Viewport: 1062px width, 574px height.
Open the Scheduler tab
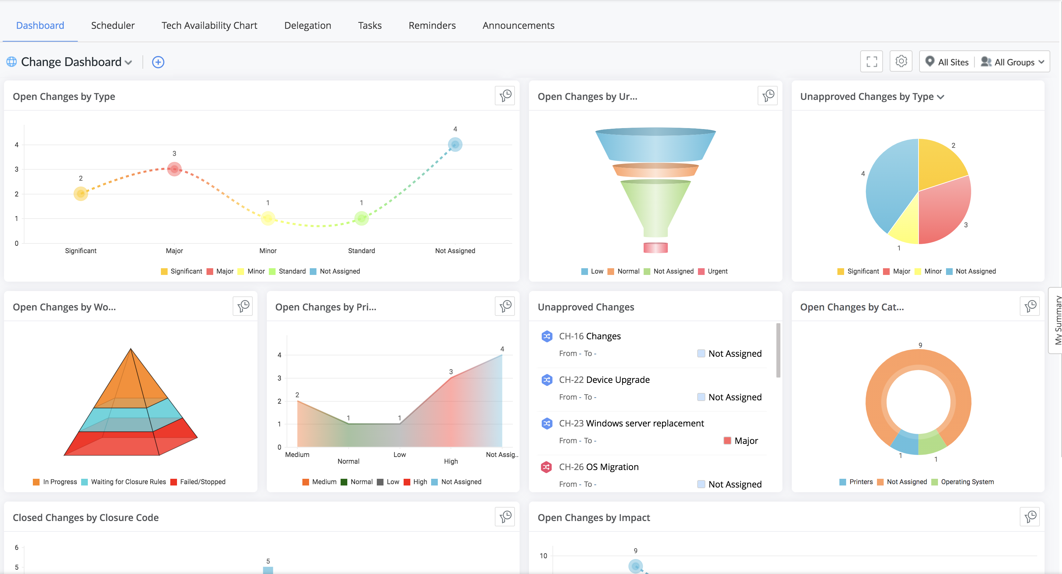(113, 25)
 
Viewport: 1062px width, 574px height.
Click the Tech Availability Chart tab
(209, 25)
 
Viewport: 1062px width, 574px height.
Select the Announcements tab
(518, 25)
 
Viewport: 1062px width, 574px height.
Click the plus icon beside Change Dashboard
(158, 62)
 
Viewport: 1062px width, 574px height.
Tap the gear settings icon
(901, 61)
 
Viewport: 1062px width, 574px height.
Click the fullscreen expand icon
(872, 61)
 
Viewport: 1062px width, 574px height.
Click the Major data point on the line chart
(174, 169)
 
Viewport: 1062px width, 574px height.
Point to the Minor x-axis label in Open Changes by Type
(268, 251)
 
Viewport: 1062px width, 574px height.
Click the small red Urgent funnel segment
(655, 247)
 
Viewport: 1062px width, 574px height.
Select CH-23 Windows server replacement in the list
(631, 423)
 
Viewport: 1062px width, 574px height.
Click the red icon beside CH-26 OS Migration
(547, 467)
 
